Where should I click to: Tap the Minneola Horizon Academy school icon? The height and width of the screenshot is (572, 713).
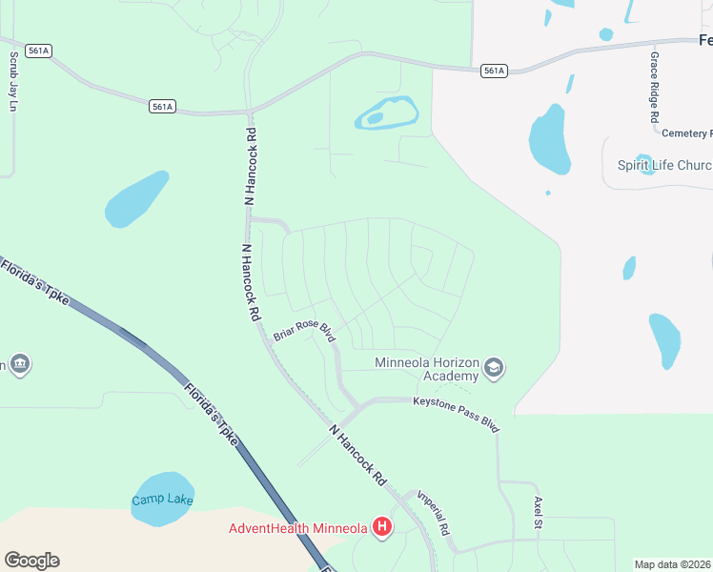click(493, 368)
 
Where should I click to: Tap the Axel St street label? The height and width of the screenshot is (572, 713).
click(539, 513)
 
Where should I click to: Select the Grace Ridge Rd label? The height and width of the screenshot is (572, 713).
click(655, 87)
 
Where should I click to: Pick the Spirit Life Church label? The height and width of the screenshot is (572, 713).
click(663, 165)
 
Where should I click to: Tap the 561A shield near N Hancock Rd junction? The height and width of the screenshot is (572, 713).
click(162, 107)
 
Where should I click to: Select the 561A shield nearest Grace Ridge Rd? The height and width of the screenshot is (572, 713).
click(493, 71)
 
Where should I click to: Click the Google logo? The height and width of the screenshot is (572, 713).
click(31, 561)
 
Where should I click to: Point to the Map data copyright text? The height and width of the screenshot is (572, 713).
click(673, 564)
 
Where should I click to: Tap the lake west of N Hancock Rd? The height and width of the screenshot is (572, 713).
click(135, 199)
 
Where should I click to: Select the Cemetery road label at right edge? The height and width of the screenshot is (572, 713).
click(686, 133)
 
